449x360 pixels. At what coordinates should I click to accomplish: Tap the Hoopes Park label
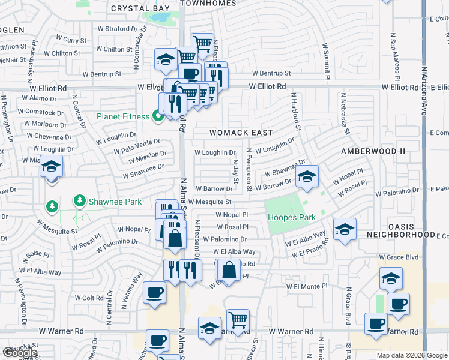[x=291, y=217]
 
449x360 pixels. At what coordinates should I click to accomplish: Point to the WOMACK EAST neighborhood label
[x=241, y=133]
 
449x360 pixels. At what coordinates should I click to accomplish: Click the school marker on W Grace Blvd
[x=390, y=278]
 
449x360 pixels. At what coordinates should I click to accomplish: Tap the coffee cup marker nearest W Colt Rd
[x=154, y=293]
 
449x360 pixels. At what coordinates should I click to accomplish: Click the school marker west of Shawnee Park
[x=52, y=166]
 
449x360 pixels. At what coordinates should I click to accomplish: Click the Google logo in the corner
[x=20, y=352]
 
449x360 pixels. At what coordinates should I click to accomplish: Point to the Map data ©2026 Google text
[x=411, y=355]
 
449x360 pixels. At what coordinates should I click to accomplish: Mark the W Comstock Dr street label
[x=40, y=112]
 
